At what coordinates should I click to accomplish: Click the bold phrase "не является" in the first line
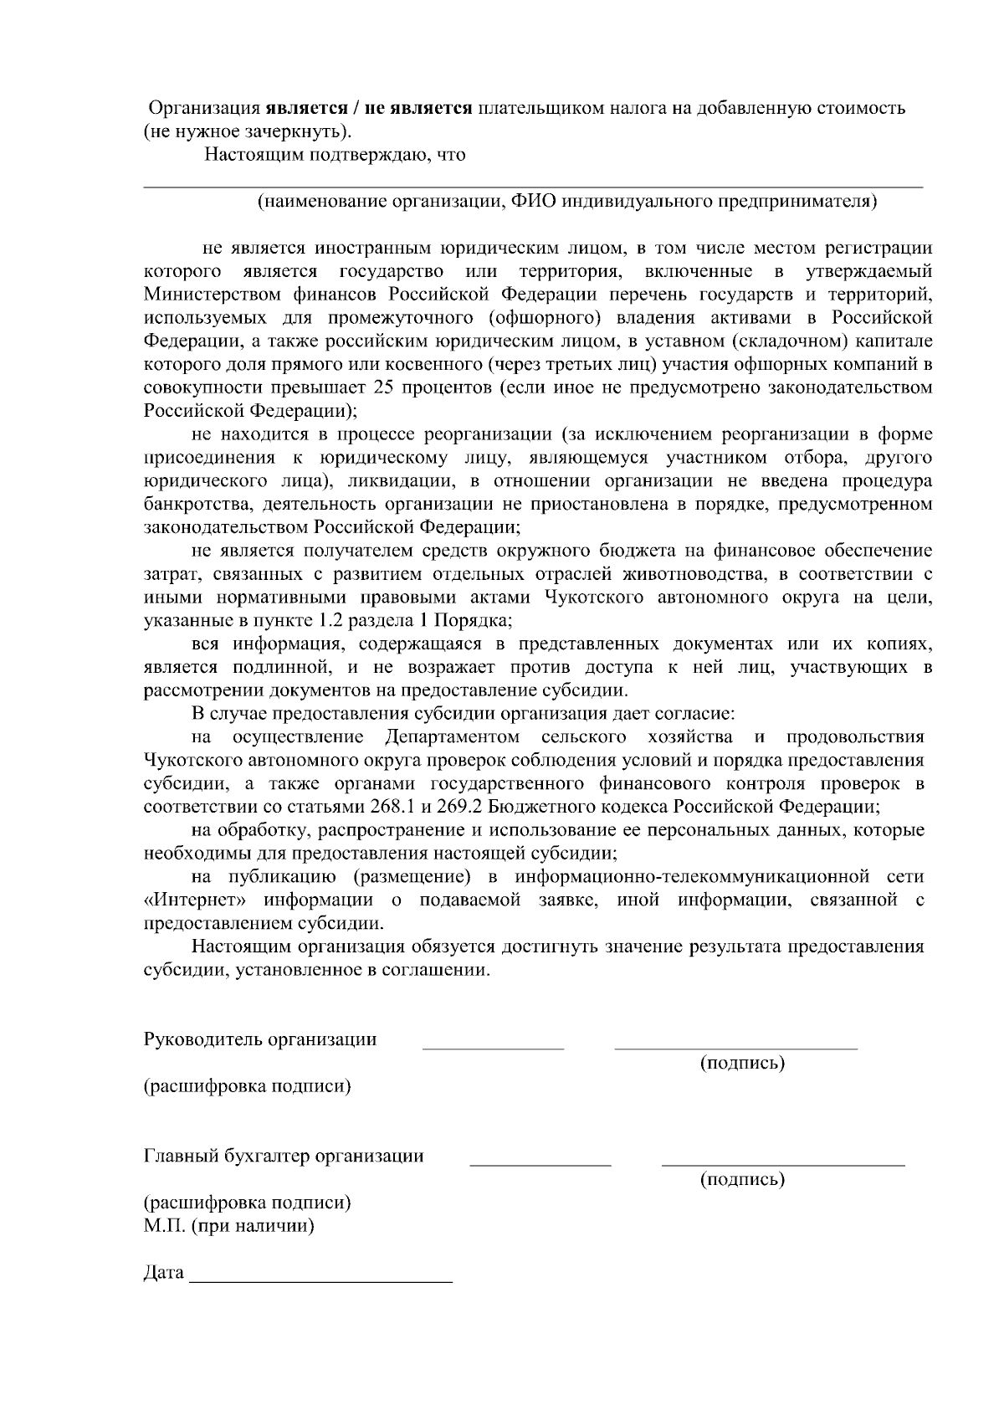click(425, 109)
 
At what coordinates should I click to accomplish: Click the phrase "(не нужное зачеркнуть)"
click(247, 131)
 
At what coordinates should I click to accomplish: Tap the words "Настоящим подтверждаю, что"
click(336, 155)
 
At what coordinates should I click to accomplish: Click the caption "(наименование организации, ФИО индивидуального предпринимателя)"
click(567, 201)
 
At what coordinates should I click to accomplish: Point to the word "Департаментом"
click(452, 737)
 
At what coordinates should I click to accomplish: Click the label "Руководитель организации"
click(260, 1040)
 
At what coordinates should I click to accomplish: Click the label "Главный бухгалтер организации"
click(284, 1157)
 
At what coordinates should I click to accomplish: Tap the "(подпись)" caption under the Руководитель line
click(742, 1064)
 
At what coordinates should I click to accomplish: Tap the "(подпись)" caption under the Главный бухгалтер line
click(742, 1180)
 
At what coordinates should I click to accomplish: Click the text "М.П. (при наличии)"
click(229, 1226)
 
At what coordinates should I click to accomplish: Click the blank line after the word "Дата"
click(321, 1281)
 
